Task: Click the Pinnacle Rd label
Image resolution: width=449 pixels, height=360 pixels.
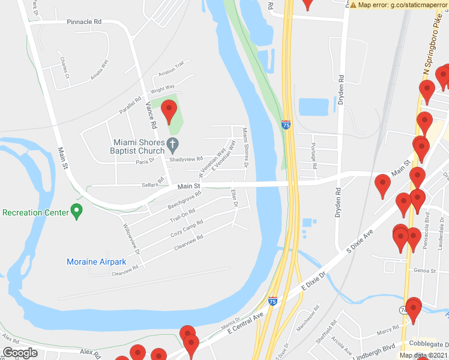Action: pos(84,22)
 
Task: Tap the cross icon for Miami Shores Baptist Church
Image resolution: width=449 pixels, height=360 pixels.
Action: pos(173,143)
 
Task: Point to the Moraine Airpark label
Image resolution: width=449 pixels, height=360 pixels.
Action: pos(96,262)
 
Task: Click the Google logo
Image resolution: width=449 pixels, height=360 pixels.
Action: pos(20,353)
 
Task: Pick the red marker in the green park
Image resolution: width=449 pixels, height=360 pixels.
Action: pos(169,112)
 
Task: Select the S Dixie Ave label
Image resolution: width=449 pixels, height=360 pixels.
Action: pos(364,243)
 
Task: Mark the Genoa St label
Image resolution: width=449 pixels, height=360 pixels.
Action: pos(424,271)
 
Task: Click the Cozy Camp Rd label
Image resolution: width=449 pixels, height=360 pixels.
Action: pos(187,228)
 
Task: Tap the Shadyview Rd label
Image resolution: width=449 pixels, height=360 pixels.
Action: pos(186,159)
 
